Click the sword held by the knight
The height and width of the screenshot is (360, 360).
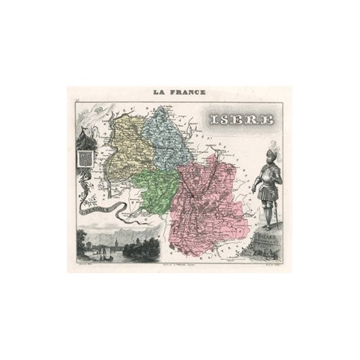[x=256, y=199]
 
